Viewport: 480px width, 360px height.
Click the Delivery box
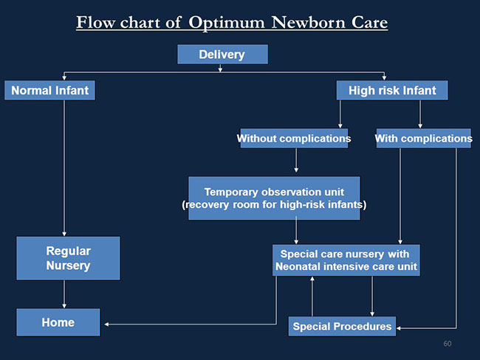click(222, 55)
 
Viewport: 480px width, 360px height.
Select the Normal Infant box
click(49, 90)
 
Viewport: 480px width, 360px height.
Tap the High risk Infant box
click(392, 90)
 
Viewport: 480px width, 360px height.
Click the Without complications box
click(294, 138)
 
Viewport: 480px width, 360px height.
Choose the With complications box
click(424, 138)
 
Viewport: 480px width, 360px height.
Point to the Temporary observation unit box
click(274, 198)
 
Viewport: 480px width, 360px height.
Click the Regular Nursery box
click(68, 258)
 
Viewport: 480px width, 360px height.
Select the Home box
click(58, 322)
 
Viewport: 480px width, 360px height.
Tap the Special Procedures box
click(342, 326)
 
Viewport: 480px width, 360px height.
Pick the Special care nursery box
click(346, 260)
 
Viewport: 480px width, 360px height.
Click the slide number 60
click(448, 344)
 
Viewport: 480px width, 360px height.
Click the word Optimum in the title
click(226, 23)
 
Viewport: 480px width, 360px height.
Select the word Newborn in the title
click(308, 22)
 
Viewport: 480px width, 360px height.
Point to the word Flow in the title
click(95, 22)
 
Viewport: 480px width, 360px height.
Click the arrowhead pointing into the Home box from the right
click(106, 324)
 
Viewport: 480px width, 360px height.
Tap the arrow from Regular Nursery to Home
click(64, 294)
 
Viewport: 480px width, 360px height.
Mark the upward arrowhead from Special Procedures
click(312, 279)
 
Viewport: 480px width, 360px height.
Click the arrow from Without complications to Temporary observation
click(296, 160)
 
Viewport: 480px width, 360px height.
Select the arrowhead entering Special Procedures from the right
click(399, 328)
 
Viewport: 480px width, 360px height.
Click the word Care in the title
click(369, 22)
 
